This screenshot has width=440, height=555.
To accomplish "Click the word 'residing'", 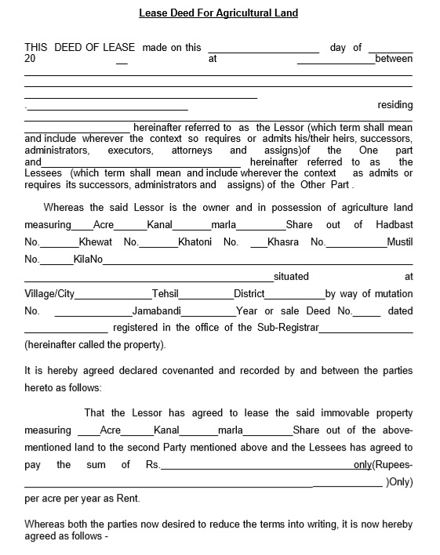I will (395, 105).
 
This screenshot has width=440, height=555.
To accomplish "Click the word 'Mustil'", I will (399, 242).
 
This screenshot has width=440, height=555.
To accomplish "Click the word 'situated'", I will (291, 277).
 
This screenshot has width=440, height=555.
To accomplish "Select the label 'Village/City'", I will (49, 294).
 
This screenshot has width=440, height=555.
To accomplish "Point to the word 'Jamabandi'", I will (156, 311).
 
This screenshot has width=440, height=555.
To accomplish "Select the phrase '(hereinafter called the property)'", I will (95, 345).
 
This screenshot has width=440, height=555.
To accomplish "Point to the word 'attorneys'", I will (191, 151).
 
